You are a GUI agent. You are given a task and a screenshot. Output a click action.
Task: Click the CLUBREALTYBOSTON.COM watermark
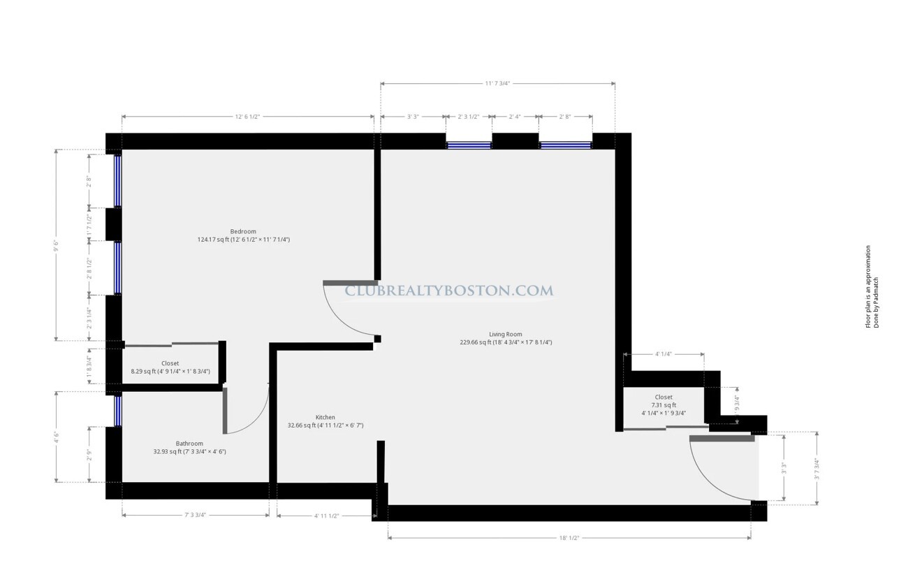point(449,291)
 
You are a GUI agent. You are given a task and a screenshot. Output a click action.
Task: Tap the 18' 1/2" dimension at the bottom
point(569,538)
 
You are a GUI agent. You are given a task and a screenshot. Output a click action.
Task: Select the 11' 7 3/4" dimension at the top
point(497,83)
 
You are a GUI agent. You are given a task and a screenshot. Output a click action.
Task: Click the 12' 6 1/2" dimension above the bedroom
point(247,116)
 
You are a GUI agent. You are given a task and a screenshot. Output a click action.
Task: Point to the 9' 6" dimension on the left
point(57,245)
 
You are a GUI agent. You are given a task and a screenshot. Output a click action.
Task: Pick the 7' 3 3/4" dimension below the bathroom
point(196,516)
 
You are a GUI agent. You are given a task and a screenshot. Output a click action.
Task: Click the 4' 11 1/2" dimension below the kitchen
point(326,516)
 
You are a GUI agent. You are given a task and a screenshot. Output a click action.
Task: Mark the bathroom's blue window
point(117,411)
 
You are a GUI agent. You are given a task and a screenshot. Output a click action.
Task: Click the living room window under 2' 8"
point(565,145)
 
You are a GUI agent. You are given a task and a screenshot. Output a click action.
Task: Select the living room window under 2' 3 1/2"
point(469,145)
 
